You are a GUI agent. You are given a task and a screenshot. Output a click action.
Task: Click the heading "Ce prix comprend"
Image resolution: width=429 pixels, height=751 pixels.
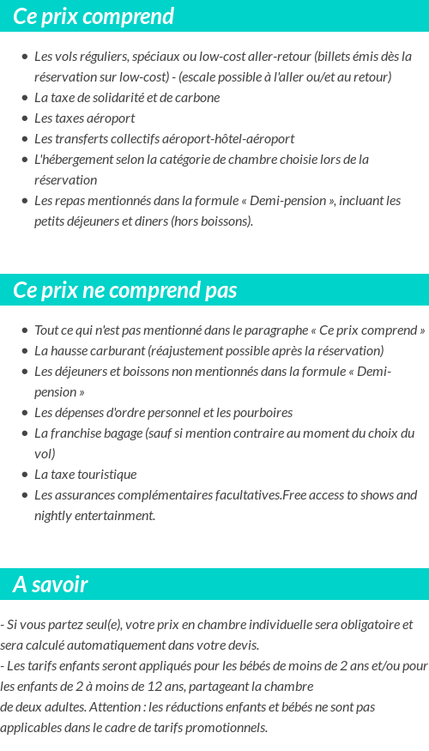(94, 16)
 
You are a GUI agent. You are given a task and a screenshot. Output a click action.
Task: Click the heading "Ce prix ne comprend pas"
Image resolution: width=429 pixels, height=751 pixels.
(125, 290)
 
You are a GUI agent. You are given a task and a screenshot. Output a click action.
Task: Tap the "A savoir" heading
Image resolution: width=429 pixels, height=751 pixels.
(51, 584)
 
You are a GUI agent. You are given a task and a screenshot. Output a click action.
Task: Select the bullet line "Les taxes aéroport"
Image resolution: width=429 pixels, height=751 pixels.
(84, 118)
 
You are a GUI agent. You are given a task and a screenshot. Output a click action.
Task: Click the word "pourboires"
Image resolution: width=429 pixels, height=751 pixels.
(263, 413)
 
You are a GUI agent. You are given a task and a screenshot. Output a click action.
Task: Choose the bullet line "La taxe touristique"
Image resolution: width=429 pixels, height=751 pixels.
(85, 475)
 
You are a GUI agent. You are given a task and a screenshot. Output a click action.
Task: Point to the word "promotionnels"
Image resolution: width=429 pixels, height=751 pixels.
(227, 728)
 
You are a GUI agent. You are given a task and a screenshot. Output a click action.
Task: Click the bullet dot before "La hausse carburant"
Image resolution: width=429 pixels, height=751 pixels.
(25, 351)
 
